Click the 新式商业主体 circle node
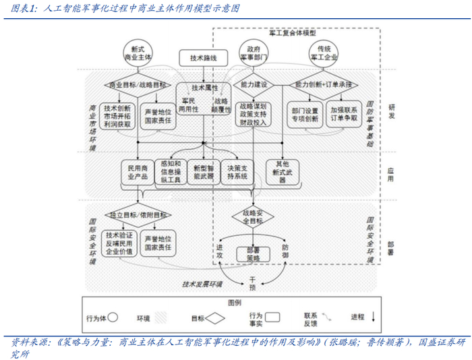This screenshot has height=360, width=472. point(138,54)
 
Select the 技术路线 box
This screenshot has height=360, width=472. point(201,58)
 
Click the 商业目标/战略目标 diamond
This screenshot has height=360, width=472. point(137,85)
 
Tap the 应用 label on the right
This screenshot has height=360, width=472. point(391,172)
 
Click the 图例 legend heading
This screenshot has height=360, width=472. point(235,303)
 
